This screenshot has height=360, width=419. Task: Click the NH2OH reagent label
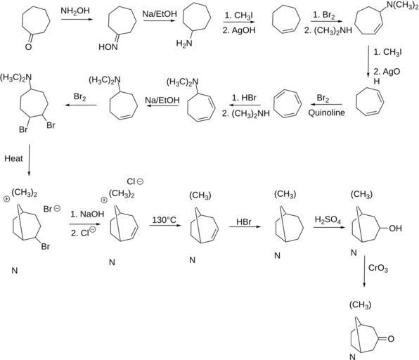(x=75, y=11)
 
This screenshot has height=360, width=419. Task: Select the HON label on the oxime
(x=108, y=47)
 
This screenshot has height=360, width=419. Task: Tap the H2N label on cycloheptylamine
(x=184, y=43)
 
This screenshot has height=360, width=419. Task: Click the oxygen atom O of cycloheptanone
(x=28, y=47)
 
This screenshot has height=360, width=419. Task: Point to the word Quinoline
(x=326, y=112)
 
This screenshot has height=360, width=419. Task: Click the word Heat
(x=13, y=158)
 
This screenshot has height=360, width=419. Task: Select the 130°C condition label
(x=164, y=220)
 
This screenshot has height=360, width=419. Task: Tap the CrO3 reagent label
(x=378, y=268)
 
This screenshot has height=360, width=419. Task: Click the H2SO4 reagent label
(x=328, y=219)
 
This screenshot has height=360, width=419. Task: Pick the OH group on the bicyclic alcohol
(x=395, y=229)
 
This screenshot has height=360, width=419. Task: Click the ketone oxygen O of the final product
(x=391, y=339)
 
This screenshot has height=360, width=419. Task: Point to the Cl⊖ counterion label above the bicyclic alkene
(x=135, y=181)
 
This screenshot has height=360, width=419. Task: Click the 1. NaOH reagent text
(x=87, y=214)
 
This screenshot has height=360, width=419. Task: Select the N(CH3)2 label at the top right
(x=402, y=6)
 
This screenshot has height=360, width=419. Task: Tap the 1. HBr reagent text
(x=244, y=98)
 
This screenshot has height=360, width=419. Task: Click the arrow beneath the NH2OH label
(x=77, y=19)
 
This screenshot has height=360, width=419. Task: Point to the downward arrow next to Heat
(x=29, y=160)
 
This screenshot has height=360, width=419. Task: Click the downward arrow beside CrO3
(x=364, y=271)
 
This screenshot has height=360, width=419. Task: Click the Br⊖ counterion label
(x=52, y=209)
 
